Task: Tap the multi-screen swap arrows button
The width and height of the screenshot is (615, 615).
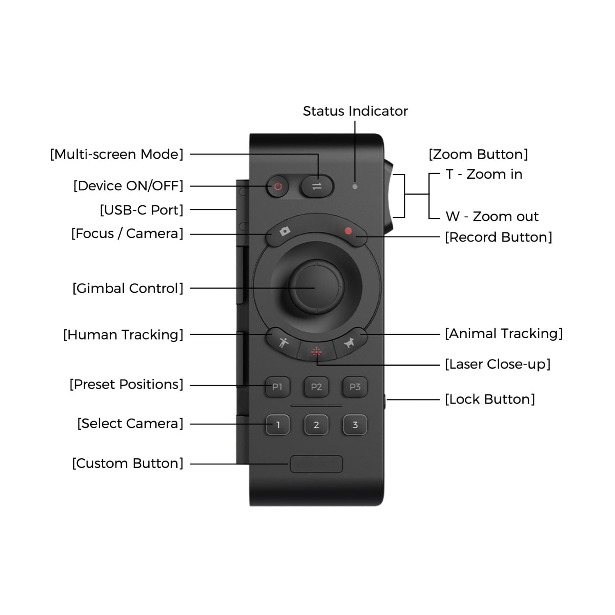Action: pos(317,187)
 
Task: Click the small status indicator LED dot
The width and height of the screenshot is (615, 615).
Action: pos(355,187)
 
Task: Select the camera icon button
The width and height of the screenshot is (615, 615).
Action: pos(285,232)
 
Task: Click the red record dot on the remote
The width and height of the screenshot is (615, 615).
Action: pos(348,231)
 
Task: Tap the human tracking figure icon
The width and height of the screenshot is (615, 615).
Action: pos(283,342)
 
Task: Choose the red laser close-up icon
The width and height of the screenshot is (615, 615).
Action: pos(316,351)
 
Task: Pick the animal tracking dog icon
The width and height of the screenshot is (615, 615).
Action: pos(349,342)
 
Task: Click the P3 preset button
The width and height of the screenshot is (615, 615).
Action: pos(355,387)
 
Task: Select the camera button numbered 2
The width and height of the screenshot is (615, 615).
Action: pos(316,425)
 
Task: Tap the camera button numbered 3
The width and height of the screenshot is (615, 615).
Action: pos(355,425)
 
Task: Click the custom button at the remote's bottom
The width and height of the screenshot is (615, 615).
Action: pos(316,464)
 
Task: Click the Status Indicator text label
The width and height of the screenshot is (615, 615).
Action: pos(355,111)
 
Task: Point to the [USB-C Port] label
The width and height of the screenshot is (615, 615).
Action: pos(141,210)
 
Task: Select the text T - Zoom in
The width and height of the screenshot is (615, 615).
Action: pos(484,174)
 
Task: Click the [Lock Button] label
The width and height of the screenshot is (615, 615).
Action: pos(490,399)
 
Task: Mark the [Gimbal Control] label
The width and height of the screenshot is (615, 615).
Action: pos(128,288)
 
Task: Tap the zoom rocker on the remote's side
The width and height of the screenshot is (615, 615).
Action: pos(388,194)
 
